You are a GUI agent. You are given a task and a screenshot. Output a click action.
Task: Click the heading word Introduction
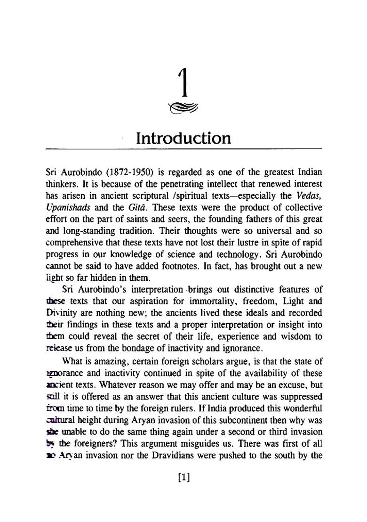tap(183, 138)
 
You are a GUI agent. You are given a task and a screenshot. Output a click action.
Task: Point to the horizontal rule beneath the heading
tap(183, 149)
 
